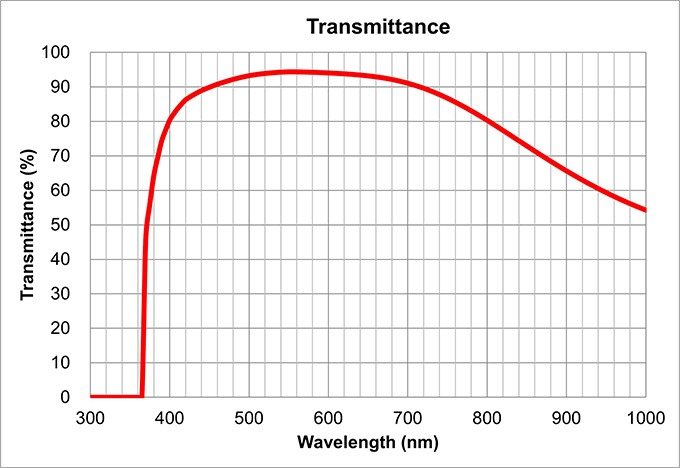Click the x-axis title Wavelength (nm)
point(367,441)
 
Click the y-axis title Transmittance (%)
point(28,224)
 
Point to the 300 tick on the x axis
point(90,415)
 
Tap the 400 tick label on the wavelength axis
point(169,415)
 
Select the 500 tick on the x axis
point(249,415)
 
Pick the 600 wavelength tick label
point(328,415)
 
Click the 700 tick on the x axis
point(407,415)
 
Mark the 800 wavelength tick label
point(487,415)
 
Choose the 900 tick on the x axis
point(566,415)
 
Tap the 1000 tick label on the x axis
point(644,415)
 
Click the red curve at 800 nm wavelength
point(487,120)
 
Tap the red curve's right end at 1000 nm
point(645,210)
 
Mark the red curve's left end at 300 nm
point(91,396)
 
